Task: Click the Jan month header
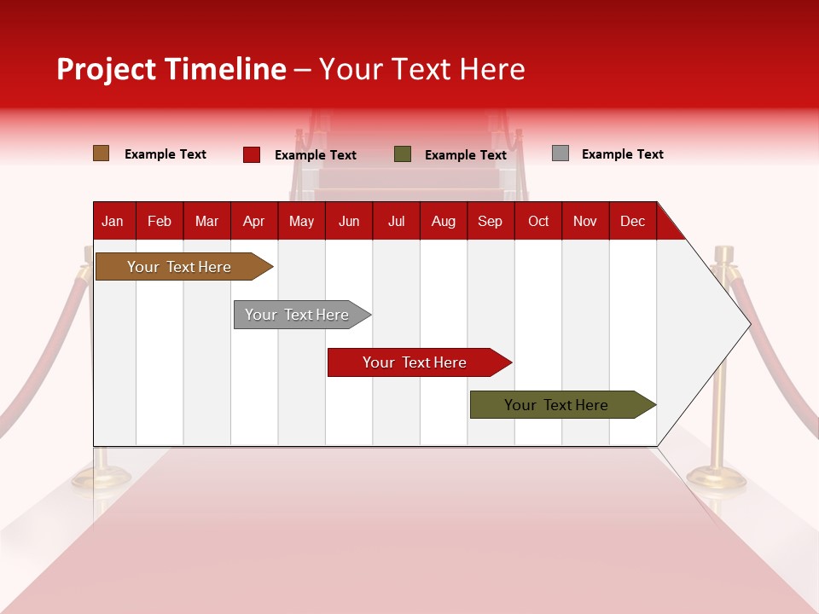tap(113, 221)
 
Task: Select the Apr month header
tap(253, 221)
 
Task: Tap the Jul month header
tap(396, 221)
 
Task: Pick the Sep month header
tap(490, 221)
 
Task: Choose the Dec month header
tap(632, 221)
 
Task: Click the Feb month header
tap(160, 221)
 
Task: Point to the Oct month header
tap(538, 221)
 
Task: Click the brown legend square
tap(102, 153)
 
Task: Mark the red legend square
tap(252, 154)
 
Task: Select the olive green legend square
tap(403, 154)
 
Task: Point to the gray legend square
tap(561, 153)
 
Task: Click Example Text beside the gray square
tap(622, 154)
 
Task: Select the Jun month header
tap(349, 221)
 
